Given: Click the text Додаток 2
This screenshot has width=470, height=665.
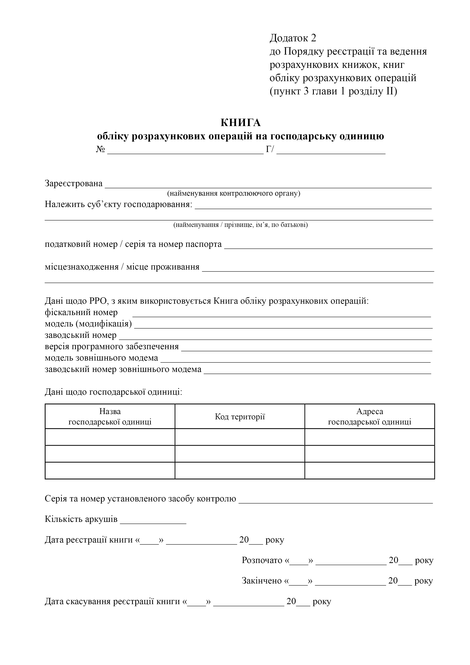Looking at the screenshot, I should click(293, 38).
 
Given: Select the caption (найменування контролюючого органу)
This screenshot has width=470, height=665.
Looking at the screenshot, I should click(233, 194).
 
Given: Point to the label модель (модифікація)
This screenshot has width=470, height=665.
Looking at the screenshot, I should click(88, 324).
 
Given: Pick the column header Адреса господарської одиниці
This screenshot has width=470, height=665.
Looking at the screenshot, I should click(370, 417).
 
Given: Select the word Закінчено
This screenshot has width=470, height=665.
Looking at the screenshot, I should click(262, 581).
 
